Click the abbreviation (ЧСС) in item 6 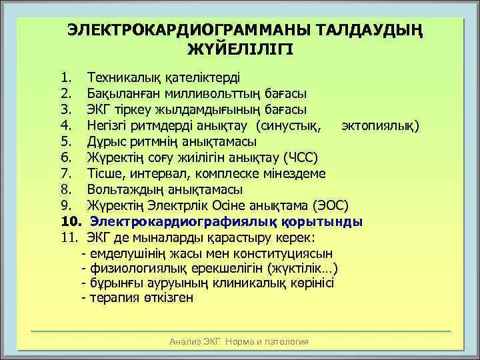point(305,157)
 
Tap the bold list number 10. point(70,221)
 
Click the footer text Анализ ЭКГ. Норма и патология point(239,341)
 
